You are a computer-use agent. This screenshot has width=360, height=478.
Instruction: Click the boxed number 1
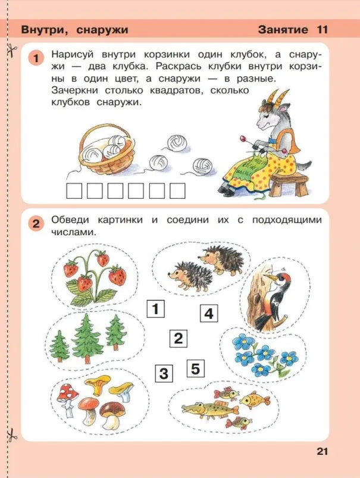(x=155, y=309)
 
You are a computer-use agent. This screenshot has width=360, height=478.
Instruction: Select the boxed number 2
(x=177, y=339)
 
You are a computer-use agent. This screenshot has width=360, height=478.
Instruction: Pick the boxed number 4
(x=208, y=313)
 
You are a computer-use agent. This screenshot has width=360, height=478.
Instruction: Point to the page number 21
(x=322, y=451)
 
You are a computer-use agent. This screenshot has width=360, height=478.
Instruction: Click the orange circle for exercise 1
(x=36, y=58)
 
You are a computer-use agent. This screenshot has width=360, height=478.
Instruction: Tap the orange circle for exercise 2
(x=36, y=224)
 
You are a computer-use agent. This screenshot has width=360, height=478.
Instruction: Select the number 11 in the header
(x=322, y=29)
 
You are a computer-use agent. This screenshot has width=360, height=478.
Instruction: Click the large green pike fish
(x=202, y=410)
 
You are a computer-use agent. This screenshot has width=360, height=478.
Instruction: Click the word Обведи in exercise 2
(x=70, y=220)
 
